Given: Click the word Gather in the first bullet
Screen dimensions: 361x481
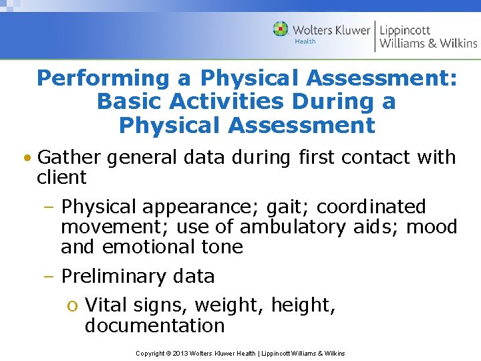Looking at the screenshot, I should point(69,158).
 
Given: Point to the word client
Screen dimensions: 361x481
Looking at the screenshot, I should point(62,178).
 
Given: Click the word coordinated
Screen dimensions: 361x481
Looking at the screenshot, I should point(371,207).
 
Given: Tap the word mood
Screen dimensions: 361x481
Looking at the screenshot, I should point(431,227).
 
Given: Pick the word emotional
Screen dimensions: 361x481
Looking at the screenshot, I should point(148,247).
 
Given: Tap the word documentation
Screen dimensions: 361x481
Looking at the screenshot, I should point(155,326).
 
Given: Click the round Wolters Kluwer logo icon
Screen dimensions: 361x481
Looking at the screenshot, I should point(281,29).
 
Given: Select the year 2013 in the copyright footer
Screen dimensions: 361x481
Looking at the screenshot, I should point(181,353).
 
